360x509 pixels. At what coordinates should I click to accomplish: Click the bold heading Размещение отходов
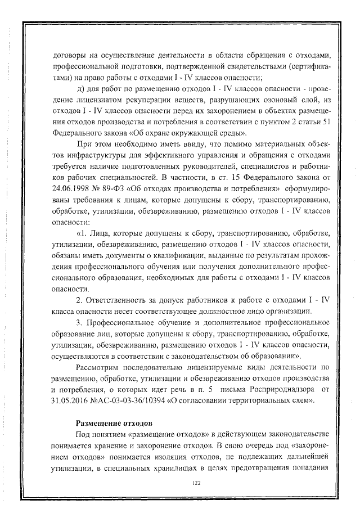click(x=114, y=422)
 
